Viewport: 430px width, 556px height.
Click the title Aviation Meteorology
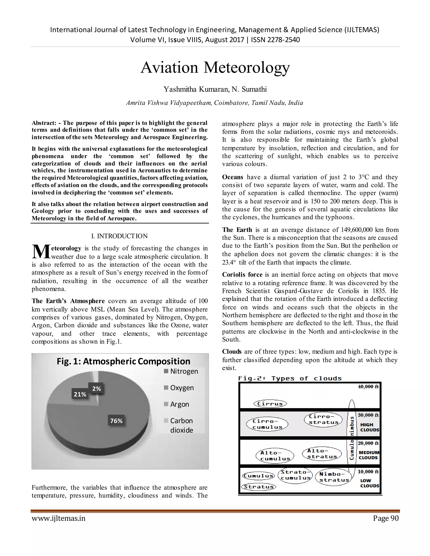pos(215,68)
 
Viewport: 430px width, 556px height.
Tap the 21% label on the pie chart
pos(80,394)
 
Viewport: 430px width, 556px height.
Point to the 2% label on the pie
pos(96,389)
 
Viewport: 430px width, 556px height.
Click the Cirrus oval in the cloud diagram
pos(270,404)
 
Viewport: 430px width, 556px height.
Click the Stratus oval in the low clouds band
pos(258,487)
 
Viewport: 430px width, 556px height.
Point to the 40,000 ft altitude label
pos(368,387)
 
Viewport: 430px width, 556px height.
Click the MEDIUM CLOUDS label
pos(369,455)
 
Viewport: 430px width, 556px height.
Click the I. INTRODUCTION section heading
pos(119,236)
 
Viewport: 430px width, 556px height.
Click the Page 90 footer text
pos(386,518)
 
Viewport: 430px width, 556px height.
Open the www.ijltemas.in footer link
pos(58,518)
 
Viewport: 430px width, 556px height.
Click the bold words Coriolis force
pos(242,275)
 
